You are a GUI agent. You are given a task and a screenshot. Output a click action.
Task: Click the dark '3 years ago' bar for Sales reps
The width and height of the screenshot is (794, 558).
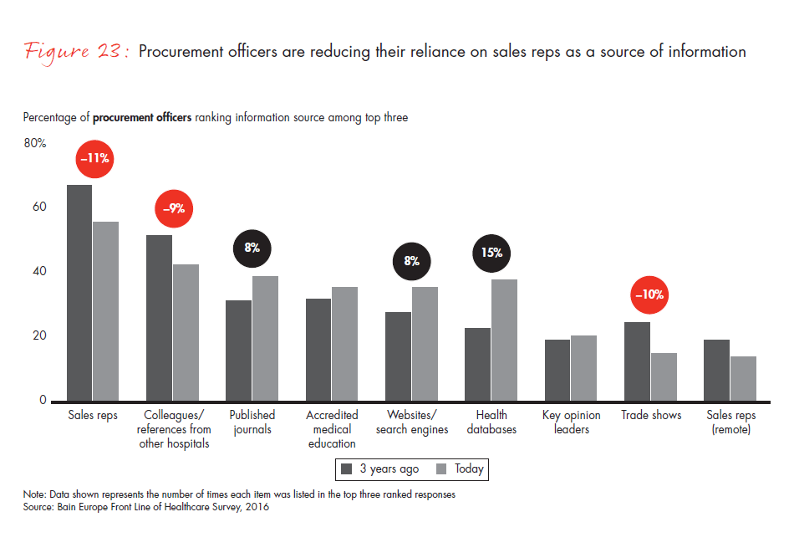79,293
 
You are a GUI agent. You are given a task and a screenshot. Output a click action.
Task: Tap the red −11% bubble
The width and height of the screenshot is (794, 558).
94,158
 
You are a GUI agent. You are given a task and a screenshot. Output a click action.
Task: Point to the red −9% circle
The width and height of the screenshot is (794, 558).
174,209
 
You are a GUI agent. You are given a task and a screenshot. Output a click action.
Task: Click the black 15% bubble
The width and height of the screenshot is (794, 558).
491,253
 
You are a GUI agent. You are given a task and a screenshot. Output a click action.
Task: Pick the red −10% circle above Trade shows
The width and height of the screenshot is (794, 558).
650,294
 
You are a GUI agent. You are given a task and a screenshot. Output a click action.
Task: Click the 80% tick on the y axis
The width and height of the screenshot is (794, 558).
35,143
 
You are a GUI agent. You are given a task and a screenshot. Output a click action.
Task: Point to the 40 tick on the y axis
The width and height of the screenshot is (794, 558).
39,272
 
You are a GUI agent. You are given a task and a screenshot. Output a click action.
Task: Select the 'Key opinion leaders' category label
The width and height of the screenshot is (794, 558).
571,422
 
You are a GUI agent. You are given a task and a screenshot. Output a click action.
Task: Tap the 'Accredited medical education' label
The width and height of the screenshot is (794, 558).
332,429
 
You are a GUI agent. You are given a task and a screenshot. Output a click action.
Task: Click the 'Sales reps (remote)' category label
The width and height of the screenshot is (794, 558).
730,422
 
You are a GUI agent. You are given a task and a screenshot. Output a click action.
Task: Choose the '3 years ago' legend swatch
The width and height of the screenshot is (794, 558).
346,469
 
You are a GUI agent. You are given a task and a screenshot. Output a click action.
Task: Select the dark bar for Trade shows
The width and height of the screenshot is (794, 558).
637,361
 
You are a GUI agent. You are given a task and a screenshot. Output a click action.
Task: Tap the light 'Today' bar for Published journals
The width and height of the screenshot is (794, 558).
265,338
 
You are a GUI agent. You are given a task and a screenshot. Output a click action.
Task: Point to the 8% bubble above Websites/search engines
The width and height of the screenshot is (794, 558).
412,261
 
